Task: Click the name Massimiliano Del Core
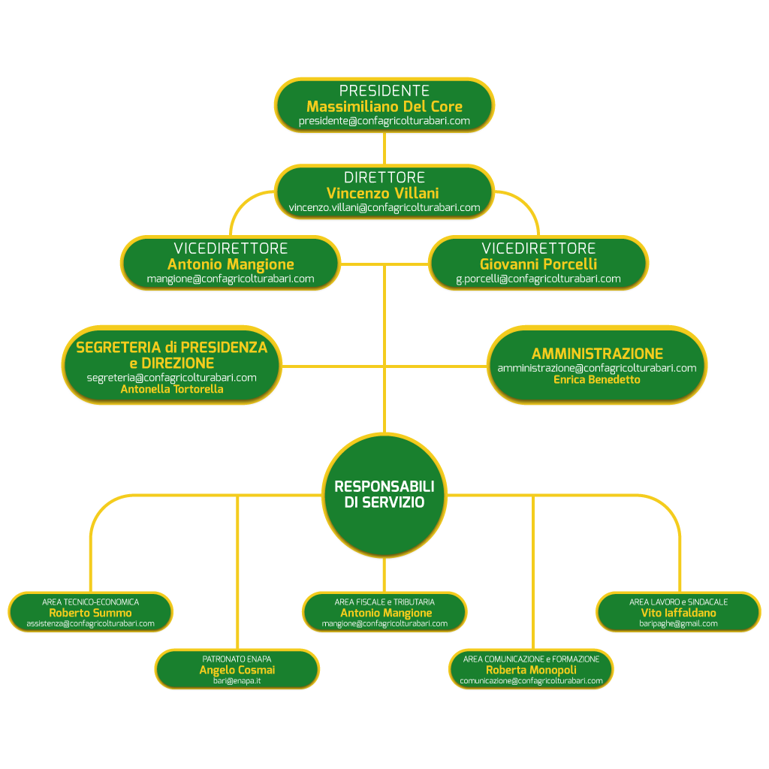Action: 384,107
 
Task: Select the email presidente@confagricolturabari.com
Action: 384,121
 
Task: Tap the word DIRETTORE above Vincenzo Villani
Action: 384,178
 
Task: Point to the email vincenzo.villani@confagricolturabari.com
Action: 384,208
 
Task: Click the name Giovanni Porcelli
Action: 538,264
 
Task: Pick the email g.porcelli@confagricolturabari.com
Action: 538,279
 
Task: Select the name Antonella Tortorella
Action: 172,390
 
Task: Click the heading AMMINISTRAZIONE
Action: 597,354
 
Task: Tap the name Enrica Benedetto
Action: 597,380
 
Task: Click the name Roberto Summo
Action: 90,613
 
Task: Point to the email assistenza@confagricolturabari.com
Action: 90,624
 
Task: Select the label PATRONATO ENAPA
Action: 237,659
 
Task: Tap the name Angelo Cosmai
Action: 237,670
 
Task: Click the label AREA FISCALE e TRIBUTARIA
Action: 384,602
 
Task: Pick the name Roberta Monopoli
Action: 531,670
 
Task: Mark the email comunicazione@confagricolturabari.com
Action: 531,681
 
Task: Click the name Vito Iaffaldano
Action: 678,613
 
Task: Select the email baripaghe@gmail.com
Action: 678,624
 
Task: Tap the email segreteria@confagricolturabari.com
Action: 172,378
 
